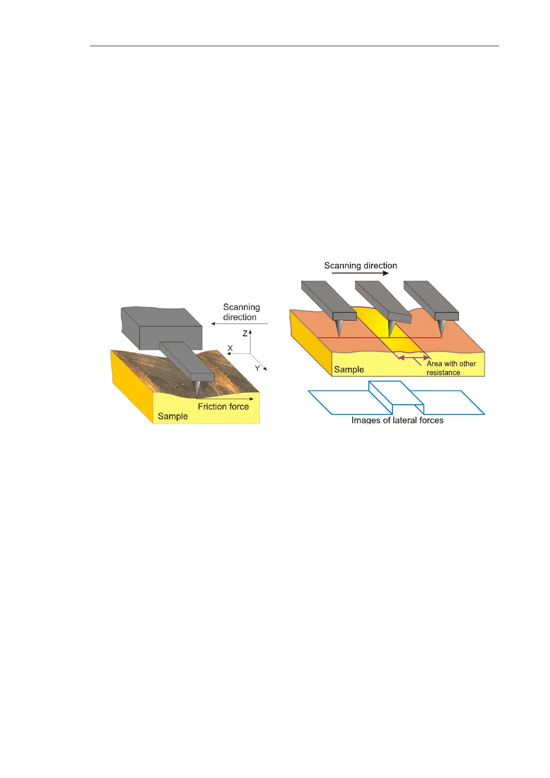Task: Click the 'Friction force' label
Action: (x=223, y=407)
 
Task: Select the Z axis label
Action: (x=245, y=334)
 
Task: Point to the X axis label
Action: (x=230, y=348)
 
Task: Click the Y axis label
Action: (x=257, y=368)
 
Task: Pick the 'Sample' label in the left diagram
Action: (x=173, y=416)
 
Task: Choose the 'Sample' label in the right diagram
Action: (x=349, y=370)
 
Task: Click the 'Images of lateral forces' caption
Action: (x=397, y=420)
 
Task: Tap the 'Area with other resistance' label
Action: (x=451, y=368)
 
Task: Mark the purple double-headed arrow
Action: (x=414, y=358)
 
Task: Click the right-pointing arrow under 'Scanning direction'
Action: (x=361, y=273)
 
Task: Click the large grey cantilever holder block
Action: (x=162, y=328)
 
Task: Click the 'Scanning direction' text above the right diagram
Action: (x=361, y=266)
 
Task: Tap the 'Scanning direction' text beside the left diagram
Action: (x=241, y=312)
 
